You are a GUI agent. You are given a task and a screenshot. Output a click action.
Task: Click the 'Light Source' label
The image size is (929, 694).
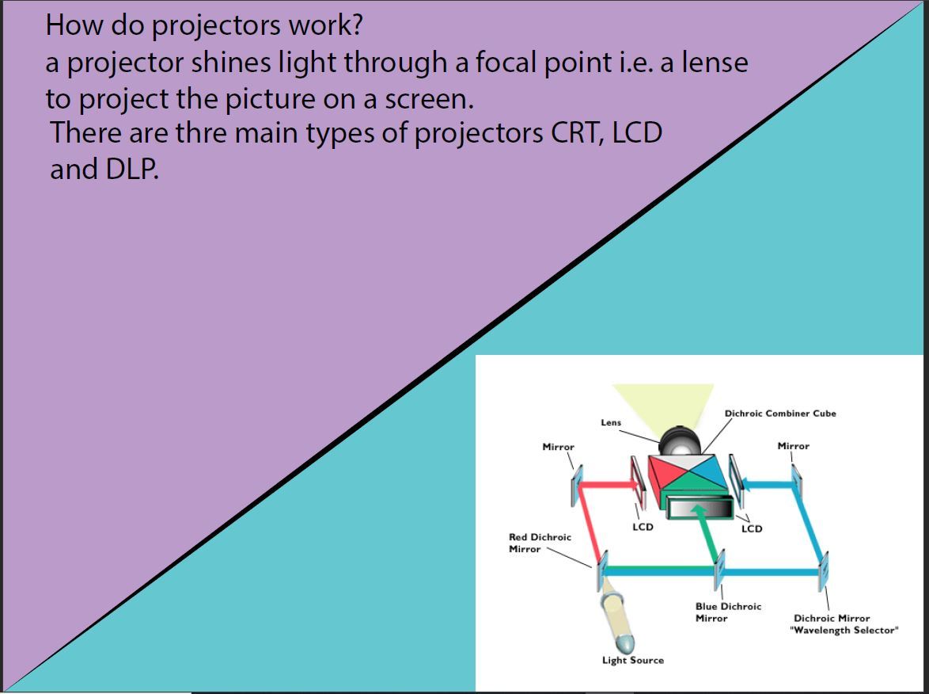(633, 660)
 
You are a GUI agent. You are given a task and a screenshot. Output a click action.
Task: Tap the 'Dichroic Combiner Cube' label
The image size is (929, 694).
(780, 414)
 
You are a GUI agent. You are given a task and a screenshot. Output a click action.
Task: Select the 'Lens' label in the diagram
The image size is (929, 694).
(611, 422)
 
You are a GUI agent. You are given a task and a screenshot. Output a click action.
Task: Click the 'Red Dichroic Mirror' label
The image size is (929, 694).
(540, 543)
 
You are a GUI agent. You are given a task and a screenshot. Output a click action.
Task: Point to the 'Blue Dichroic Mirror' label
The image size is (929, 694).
(728, 612)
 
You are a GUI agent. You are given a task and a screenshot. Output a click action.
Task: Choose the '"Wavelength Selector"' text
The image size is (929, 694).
(844, 630)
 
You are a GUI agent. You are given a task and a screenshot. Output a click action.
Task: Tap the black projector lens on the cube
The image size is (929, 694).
(680, 441)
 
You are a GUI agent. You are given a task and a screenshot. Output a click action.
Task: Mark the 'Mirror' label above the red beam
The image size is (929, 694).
(558, 447)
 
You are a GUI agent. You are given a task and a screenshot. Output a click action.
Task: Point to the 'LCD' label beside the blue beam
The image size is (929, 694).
(752, 528)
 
